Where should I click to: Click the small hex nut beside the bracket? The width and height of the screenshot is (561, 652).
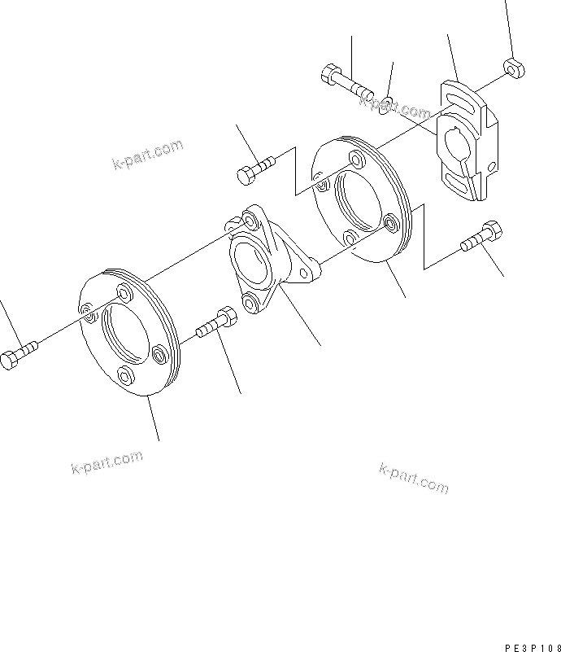(512, 68)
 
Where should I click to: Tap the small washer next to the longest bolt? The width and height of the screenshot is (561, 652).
(388, 103)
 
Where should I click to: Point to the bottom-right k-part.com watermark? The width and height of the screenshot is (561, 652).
(413, 478)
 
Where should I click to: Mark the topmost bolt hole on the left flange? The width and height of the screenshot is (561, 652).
(123, 292)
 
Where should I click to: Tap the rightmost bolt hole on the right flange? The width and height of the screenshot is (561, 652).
(392, 221)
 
